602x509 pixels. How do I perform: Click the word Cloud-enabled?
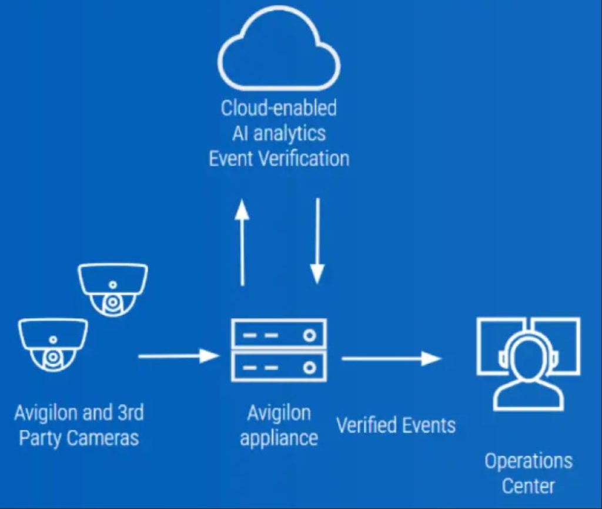(x=279, y=108)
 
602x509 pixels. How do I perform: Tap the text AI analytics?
(x=279, y=133)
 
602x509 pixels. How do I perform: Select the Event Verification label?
(x=279, y=159)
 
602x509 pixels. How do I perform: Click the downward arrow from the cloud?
(x=317, y=241)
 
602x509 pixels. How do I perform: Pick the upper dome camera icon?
(x=113, y=289)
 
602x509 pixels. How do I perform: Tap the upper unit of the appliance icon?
(x=279, y=335)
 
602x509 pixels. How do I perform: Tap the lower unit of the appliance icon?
(x=279, y=367)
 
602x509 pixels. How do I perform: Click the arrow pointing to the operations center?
(x=391, y=358)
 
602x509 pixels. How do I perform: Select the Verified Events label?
(x=396, y=424)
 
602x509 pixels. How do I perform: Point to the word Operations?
(x=528, y=461)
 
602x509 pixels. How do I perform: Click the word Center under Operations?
(x=528, y=486)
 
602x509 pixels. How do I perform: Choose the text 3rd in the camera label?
(x=127, y=413)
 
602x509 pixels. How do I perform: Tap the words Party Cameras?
(x=79, y=438)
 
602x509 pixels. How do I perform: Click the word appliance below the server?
(x=279, y=438)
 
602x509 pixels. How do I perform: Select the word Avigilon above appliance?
(x=279, y=413)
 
